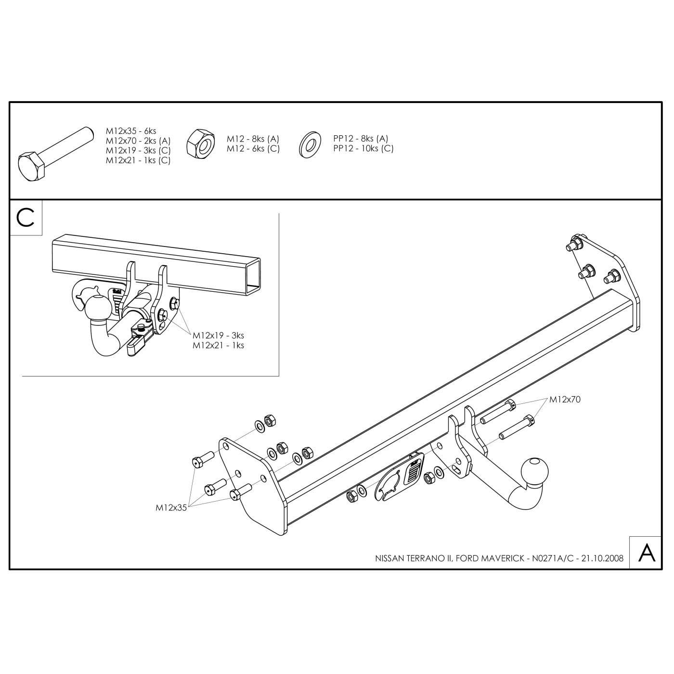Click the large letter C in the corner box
[26, 218]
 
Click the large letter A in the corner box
[647, 553]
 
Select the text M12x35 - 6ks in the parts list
[131, 131]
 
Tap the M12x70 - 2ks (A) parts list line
[138, 141]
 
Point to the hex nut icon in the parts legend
[200, 144]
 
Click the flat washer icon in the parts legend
[310, 145]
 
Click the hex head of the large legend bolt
[31, 167]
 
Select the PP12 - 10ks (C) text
[363, 148]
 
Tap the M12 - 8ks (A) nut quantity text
[253, 139]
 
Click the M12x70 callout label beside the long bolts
[565, 400]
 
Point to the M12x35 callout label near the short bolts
[171, 508]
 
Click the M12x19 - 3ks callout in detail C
[218, 336]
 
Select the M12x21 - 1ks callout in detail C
[218, 345]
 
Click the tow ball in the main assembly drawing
[534, 472]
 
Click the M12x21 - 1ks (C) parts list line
[138, 160]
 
